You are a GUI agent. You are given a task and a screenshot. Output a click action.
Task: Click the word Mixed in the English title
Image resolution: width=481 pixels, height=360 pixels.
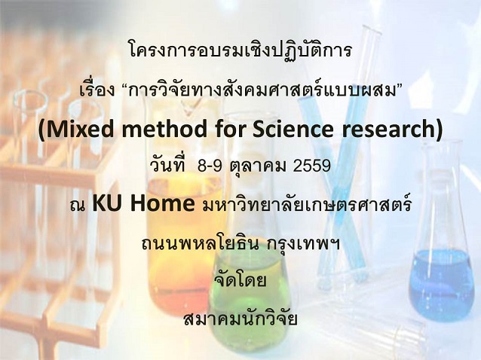tap(78, 130)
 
